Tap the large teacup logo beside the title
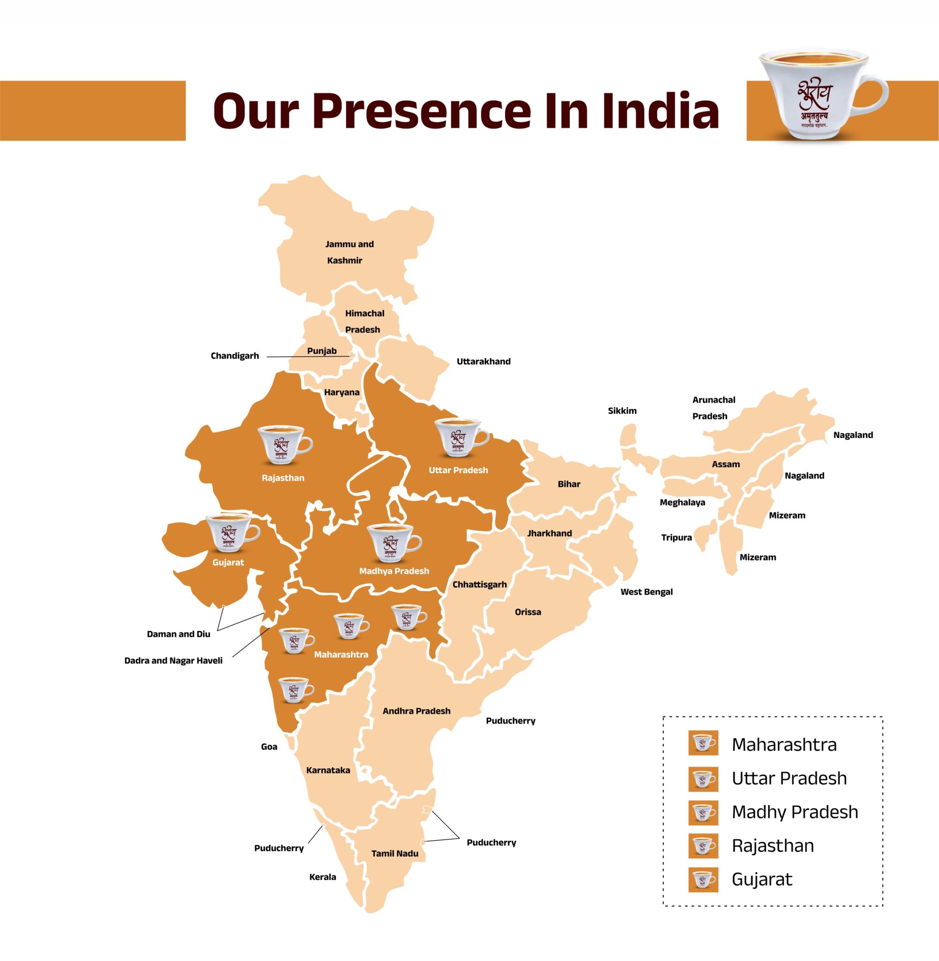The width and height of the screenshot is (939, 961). tap(822, 94)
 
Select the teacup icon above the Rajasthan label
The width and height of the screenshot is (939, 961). tap(284, 445)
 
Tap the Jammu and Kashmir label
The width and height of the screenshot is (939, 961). tap(348, 252)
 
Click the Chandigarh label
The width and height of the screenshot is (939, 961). tap(235, 356)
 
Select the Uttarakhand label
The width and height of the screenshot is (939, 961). tap(483, 361)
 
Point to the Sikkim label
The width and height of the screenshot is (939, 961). tap(622, 411)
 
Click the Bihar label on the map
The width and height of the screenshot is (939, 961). tap(569, 484)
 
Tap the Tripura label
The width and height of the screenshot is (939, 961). tap(676, 537)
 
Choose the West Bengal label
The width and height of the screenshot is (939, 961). tap(646, 592)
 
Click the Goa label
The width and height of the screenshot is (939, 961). tap(269, 747)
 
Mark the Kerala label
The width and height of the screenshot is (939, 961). tap(322, 877)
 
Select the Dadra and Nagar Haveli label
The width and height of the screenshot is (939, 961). tap(173, 660)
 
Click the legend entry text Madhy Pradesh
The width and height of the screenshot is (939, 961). tap(794, 812)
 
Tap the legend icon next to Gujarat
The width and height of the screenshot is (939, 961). tap(703, 879)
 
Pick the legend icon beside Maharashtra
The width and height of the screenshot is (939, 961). tap(703, 745)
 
